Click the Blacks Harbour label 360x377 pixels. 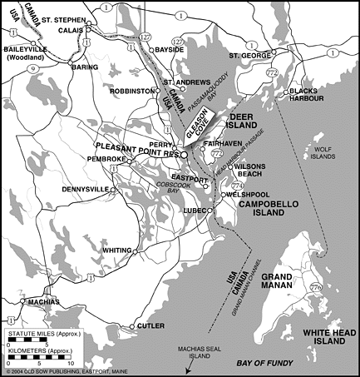click(x=323, y=93)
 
